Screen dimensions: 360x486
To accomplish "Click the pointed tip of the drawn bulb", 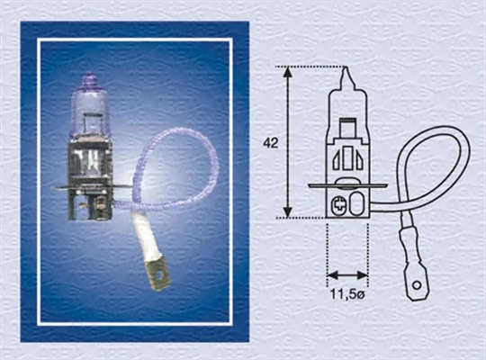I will tap(343, 71).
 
